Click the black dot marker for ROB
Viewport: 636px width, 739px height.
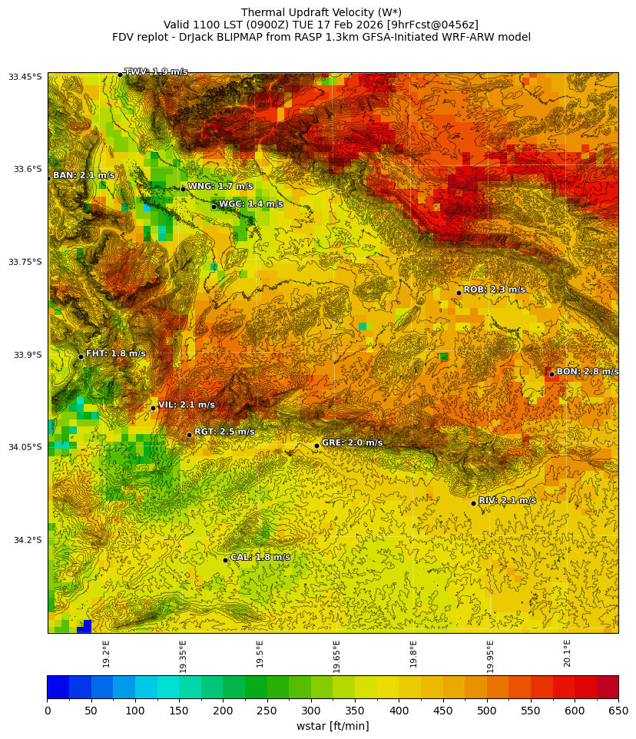coord(459,293)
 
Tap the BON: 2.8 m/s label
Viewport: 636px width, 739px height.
coord(587,372)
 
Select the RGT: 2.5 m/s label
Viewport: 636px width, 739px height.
coord(224,432)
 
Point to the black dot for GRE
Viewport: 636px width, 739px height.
coord(316,446)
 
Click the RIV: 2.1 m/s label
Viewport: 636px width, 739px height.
coord(507,501)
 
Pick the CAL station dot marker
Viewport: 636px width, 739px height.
coord(225,560)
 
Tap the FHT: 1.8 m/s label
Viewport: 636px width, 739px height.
coord(115,354)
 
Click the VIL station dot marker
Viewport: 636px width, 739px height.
coord(153,408)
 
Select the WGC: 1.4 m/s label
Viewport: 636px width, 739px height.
coord(250,204)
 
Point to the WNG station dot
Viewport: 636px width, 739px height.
coord(183,189)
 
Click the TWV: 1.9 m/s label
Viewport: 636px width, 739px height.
coord(156,71)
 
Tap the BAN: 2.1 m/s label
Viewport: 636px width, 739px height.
coord(84,176)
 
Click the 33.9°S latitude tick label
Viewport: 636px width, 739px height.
coord(25,355)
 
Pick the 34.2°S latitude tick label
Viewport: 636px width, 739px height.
coord(25,540)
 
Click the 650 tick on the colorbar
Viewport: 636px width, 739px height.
coord(618,711)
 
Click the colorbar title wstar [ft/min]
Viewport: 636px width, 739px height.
coord(333,726)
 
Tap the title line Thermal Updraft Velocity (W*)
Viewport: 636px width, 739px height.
coord(321,12)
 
